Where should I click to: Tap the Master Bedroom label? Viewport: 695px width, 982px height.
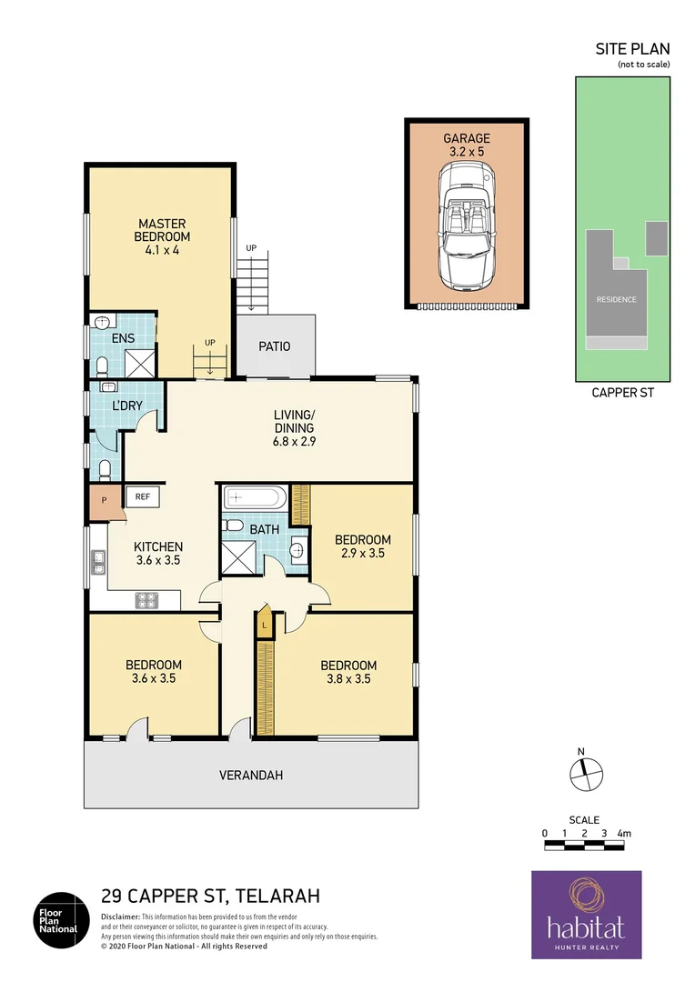tap(162, 236)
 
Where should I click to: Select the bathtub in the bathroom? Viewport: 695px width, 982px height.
tap(255, 498)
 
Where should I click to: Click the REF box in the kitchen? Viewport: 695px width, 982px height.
tap(143, 496)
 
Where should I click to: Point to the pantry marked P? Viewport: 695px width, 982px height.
tap(105, 501)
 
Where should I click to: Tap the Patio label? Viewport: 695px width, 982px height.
tap(274, 346)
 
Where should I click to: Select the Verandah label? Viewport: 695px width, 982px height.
tap(251, 776)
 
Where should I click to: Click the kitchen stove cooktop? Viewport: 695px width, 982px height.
tap(146, 599)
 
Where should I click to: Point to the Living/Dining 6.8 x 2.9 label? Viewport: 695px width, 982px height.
tap(294, 428)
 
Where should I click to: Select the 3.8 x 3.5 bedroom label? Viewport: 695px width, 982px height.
tap(348, 671)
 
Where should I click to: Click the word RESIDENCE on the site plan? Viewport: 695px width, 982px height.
tap(616, 299)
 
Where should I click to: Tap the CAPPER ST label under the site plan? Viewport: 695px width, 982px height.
tap(623, 394)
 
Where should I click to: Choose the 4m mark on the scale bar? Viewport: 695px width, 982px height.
tap(623, 833)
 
